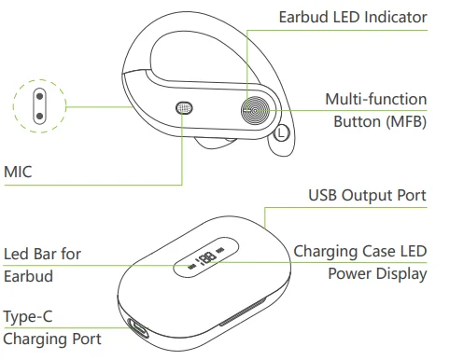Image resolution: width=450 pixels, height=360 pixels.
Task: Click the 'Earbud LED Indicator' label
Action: click(352, 17)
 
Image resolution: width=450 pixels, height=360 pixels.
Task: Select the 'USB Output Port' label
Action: click(367, 195)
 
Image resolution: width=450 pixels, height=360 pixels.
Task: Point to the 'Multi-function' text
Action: click(375, 99)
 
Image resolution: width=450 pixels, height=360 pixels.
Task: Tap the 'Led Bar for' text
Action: click(42, 254)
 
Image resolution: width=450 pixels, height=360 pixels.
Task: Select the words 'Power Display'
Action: click(377, 274)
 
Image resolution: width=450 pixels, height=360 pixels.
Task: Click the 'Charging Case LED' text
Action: click(359, 251)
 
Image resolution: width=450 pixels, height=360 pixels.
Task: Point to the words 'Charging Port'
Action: click(51, 339)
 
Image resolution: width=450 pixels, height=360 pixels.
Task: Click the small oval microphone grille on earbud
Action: click(185, 108)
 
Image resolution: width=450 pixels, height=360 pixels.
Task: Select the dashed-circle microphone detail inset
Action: click(38, 104)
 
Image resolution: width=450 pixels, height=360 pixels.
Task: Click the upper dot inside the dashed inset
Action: click(38, 97)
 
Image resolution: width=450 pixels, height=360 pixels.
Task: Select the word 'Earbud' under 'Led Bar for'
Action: click(27, 277)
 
